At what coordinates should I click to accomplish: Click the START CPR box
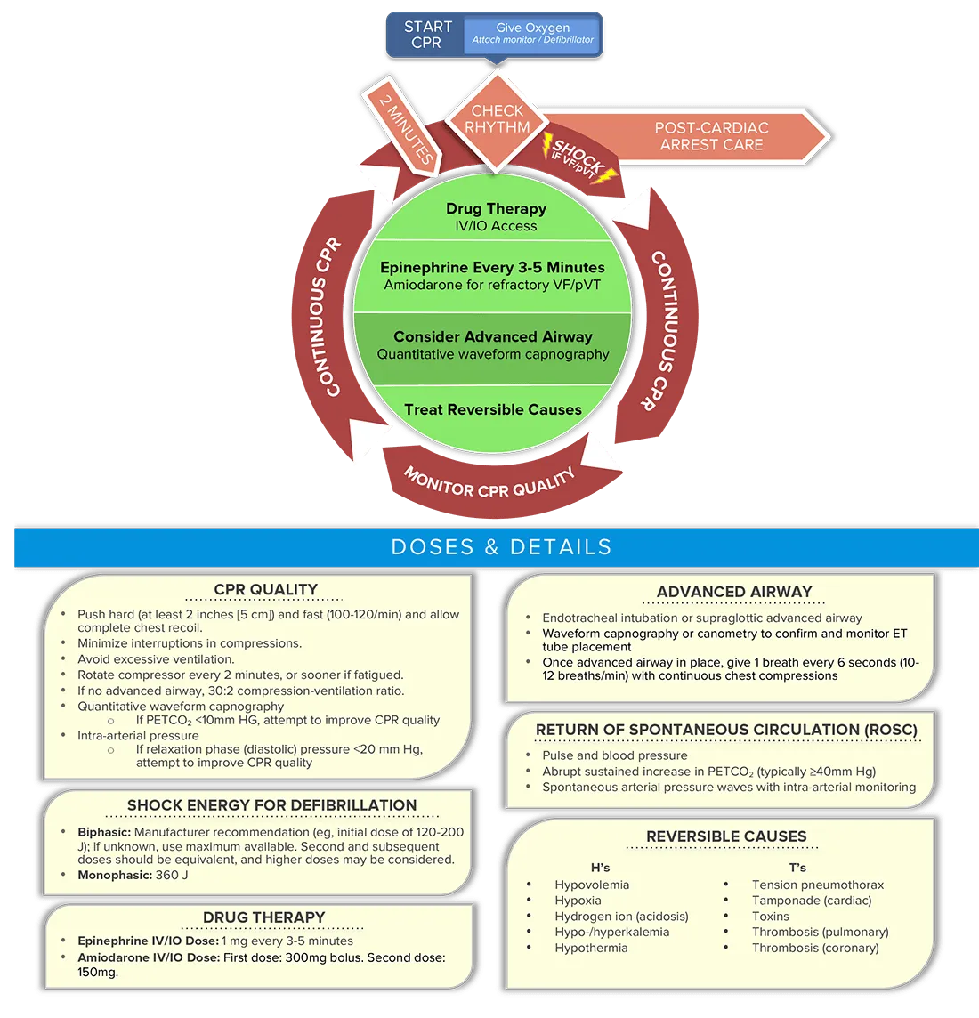point(425,35)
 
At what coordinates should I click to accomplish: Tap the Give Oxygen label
point(532,28)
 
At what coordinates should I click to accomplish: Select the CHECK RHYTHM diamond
point(497,119)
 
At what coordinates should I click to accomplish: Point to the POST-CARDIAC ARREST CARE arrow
point(711,136)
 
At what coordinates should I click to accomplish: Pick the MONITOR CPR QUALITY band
point(489,481)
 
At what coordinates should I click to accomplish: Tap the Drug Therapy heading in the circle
point(496,208)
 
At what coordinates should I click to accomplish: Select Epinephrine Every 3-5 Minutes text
point(492,267)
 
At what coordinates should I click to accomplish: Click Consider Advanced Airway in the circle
point(492,336)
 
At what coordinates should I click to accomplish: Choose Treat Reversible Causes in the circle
point(492,409)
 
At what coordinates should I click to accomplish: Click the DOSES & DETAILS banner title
point(501,546)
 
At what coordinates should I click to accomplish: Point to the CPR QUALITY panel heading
point(265,589)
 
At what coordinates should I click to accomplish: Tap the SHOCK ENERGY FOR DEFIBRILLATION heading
point(271,805)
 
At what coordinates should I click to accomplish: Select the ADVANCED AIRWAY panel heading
point(734,592)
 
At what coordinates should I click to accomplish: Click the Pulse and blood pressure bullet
point(614,755)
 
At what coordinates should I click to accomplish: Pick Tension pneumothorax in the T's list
point(817,885)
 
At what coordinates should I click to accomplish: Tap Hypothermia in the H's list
point(591,948)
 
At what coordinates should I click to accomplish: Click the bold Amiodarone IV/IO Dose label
point(148,957)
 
